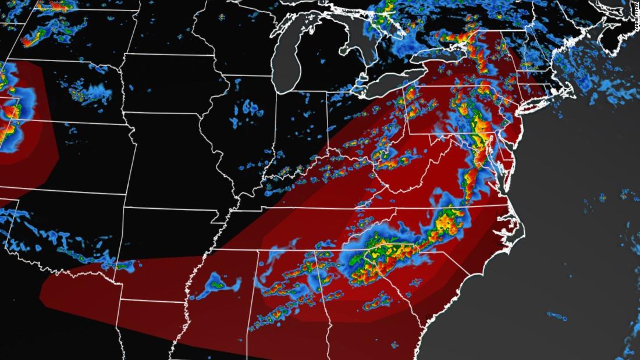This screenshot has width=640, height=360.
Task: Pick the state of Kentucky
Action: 326,186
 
